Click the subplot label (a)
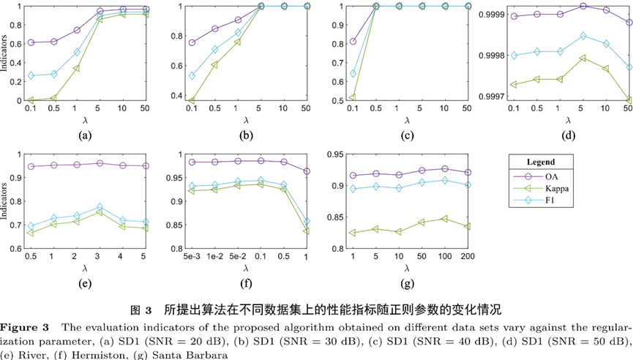click(86, 135)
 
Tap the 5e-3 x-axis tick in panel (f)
click(192, 256)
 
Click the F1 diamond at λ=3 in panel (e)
click(100, 208)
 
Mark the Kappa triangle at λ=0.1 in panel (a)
click(31, 100)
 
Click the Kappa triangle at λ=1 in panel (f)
click(306, 230)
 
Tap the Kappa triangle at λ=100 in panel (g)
click(445, 219)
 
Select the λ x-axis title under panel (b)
click(246, 119)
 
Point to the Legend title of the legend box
click(541, 162)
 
